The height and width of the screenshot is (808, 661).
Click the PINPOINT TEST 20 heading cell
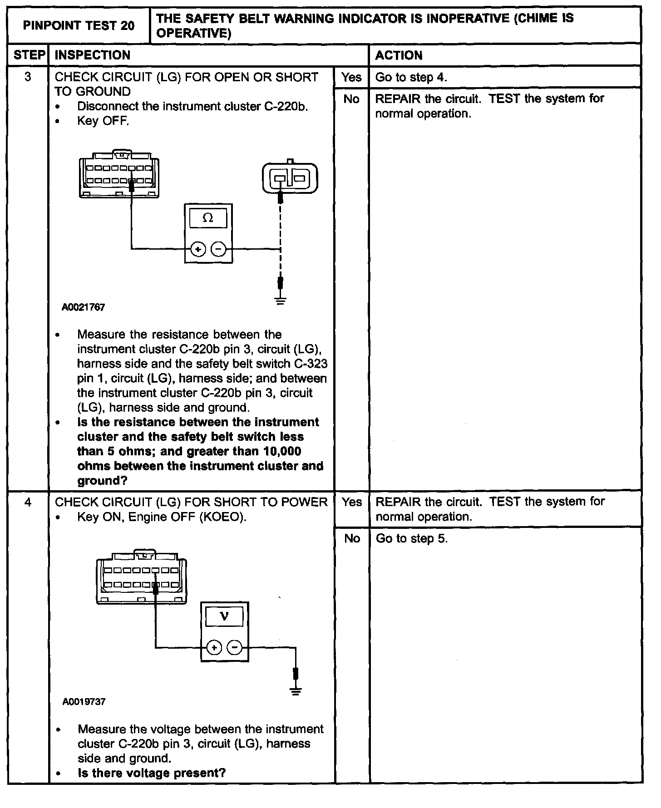[x=79, y=25]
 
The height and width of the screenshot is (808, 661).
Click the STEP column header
[x=29, y=55]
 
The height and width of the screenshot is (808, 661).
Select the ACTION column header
[x=399, y=55]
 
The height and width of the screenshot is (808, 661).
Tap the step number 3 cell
[x=28, y=77]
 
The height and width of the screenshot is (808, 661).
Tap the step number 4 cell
[x=28, y=503]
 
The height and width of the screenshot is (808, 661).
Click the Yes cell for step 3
[x=351, y=77]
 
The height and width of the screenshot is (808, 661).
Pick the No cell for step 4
[x=352, y=539]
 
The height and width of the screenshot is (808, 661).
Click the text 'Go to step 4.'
[x=411, y=77]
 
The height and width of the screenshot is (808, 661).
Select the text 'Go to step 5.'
[x=411, y=539]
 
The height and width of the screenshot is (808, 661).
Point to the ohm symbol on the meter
[x=208, y=218]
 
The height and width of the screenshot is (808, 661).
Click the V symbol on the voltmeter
[x=224, y=616]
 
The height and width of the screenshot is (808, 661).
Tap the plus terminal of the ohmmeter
[x=198, y=249]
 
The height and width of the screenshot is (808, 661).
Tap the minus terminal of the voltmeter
[x=234, y=647]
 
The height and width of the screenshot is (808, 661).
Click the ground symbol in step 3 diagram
[x=281, y=300]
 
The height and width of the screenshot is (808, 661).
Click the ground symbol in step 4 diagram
[x=296, y=691]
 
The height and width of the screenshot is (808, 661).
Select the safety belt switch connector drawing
[x=290, y=178]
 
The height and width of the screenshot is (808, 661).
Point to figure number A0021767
[x=84, y=307]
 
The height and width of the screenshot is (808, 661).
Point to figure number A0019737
[x=84, y=702]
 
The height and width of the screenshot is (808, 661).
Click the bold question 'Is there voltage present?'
[x=152, y=773]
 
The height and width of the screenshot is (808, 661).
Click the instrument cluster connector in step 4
[x=141, y=577]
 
